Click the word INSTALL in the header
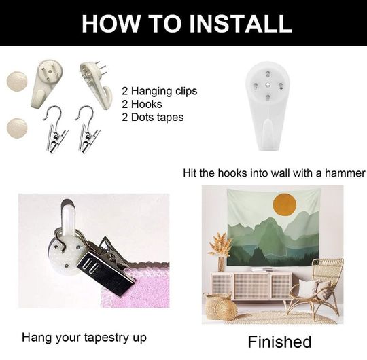tap(241, 23)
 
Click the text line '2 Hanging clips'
tap(160, 91)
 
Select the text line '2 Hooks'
tap(142, 105)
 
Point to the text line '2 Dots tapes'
tap(153, 118)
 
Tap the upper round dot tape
tap(16, 82)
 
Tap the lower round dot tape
tap(17, 128)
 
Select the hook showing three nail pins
tap(96, 85)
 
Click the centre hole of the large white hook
tap(268, 84)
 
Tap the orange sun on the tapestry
tap(285, 204)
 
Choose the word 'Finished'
tap(279, 342)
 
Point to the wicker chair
tap(315, 291)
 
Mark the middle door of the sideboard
tap(251, 285)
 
